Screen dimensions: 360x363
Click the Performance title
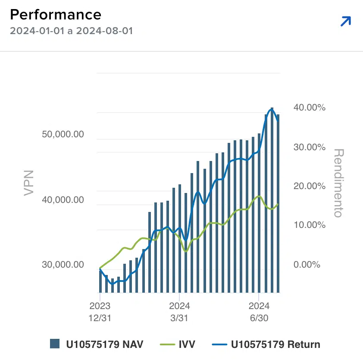click(56, 15)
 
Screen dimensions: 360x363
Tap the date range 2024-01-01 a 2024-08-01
click(71, 31)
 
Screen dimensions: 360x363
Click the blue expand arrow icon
click(346, 21)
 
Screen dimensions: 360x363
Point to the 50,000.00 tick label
click(63, 134)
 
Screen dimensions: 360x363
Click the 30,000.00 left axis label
click(63, 265)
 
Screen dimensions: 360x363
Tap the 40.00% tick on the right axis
click(309, 107)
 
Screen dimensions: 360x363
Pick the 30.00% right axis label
click(309, 147)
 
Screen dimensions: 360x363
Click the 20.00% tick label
click(309, 186)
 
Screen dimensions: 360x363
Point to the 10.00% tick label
click(309, 225)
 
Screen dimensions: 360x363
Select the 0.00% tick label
click(307, 264)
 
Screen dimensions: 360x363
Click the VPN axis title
click(28, 183)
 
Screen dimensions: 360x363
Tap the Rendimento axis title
click(339, 183)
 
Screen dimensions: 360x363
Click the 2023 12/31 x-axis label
click(100, 311)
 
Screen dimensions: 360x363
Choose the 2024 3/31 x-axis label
click(179, 311)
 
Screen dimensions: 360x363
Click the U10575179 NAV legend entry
click(97, 344)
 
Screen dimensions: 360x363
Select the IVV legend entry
click(178, 344)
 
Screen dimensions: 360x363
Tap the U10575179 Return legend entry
click(266, 344)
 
